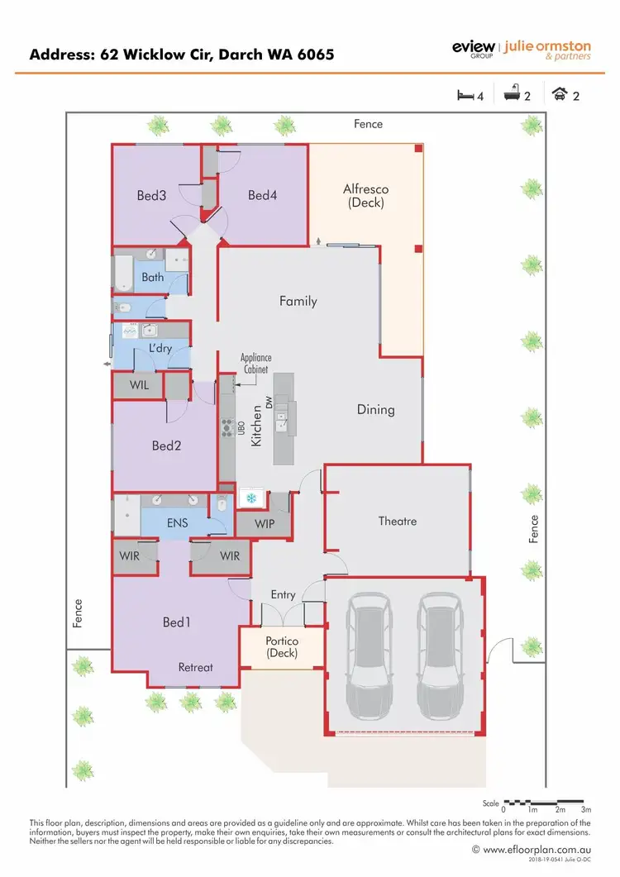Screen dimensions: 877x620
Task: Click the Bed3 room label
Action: click(151, 196)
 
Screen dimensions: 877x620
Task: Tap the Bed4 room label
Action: click(261, 195)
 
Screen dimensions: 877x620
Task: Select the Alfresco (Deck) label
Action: click(365, 195)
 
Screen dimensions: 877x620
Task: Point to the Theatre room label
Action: click(398, 521)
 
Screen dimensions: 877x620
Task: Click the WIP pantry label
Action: click(265, 523)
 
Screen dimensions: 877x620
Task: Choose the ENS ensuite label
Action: click(177, 522)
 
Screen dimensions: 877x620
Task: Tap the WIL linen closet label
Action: click(139, 384)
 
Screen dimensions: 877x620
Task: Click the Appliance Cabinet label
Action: click(255, 365)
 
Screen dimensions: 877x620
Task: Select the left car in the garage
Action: click(367, 655)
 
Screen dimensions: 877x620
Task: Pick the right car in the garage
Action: click(438, 655)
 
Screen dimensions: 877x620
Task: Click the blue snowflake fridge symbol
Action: click(250, 498)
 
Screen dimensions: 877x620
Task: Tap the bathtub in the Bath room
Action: click(122, 273)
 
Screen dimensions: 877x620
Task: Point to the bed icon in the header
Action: click(465, 95)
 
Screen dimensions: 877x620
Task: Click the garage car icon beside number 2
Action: click(560, 95)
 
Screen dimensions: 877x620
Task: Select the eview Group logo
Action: click(473, 49)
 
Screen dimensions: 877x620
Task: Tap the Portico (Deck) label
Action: click(281, 647)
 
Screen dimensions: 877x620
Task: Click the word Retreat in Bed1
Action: click(196, 667)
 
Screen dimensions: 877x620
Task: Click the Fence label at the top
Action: click(368, 124)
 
